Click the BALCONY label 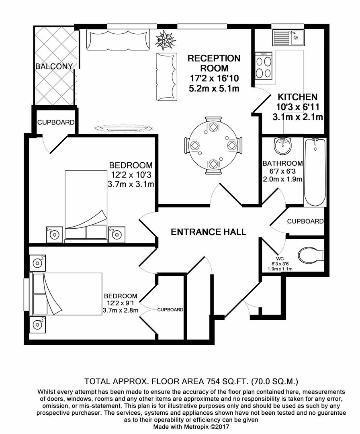54,66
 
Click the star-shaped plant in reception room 166,40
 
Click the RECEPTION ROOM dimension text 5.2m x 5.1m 214,88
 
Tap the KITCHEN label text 298,97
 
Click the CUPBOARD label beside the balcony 56,122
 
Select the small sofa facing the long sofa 166,76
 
